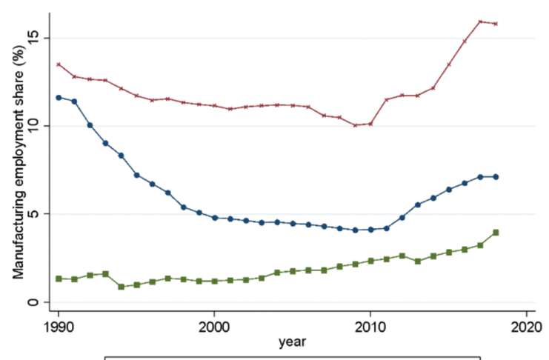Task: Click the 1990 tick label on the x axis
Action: [x=58, y=327]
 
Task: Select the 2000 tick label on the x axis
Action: [x=214, y=327]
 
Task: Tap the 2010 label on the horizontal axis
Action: [x=370, y=327]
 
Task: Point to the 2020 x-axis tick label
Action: [x=526, y=327]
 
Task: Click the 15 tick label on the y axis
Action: [x=33, y=38]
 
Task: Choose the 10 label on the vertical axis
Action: [x=33, y=126]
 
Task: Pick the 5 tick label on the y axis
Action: [x=33, y=214]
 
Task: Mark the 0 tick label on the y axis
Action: [x=33, y=302]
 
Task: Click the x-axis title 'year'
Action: [x=292, y=342]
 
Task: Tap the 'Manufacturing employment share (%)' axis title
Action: [x=19, y=161]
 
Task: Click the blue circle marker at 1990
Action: [x=59, y=98]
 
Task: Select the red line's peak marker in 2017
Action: [x=480, y=21]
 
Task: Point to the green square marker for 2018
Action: [x=496, y=233]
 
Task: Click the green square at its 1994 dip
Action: [x=122, y=287]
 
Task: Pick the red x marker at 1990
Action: [x=59, y=64]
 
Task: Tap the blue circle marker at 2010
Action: [x=370, y=230]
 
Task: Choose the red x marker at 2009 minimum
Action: [x=356, y=125]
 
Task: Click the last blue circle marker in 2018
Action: [x=496, y=177]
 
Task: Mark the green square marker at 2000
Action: [x=215, y=281]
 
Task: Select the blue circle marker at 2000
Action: [x=215, y=218]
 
